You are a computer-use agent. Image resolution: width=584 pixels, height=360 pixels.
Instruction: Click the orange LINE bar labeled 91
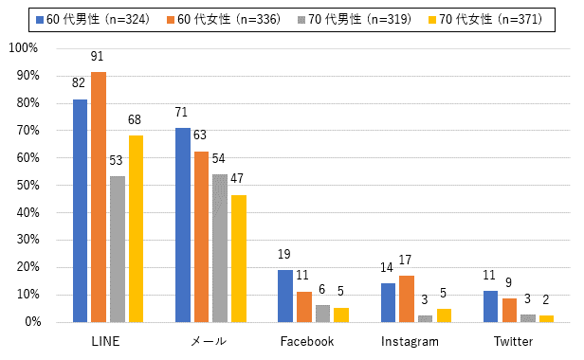click(99, 197)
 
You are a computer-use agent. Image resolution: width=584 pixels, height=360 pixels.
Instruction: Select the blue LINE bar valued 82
click(80, 210)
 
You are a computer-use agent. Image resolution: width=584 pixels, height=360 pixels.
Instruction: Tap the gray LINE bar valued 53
click(118, 249)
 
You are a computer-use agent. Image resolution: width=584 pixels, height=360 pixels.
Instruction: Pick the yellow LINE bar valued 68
click(136, 228)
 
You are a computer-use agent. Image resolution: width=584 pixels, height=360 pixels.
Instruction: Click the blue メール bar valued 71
click(183, 225)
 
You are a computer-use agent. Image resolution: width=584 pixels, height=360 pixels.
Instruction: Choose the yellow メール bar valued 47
click(239, 259)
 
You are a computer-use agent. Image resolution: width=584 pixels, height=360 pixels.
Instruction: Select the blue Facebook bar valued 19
click(285, 296)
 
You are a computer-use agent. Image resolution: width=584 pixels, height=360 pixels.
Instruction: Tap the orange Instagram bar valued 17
click(407, 299)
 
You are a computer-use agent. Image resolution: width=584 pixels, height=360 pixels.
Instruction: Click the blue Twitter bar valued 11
click(490, 306)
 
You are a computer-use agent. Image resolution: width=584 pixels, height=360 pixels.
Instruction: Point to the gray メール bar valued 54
click(220, 248)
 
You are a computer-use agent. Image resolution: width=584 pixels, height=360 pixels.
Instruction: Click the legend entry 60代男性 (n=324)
click(93, 19)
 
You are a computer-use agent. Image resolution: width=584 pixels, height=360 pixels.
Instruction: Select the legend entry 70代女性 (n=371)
click(485, 19)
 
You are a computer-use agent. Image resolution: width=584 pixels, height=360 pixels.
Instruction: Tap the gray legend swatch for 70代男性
click(301, 20)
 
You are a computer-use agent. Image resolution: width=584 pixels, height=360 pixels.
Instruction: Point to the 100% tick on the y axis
click(24, 48)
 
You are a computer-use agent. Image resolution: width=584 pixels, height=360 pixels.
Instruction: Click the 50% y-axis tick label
click(27, 185)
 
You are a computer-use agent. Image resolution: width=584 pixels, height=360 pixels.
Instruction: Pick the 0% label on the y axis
click(33, 322)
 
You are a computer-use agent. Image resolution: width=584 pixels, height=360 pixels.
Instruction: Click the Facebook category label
click(307, 341)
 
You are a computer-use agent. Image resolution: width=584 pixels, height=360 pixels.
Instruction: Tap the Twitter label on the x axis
click(513, 341)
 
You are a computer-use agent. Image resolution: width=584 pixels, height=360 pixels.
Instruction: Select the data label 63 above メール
click(200, 135)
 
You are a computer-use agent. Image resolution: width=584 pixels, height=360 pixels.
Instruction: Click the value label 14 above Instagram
click(387, 267)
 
